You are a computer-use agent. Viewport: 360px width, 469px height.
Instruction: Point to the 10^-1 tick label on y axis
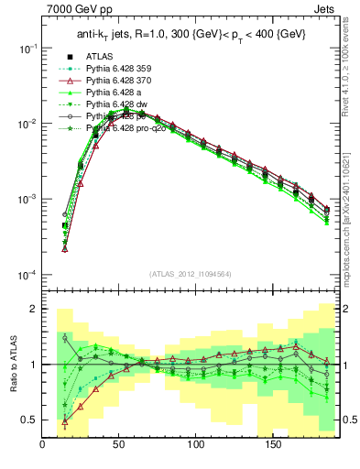click(x=27, y=48)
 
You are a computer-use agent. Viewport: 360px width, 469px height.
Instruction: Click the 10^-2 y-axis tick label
click(x=27, y=124)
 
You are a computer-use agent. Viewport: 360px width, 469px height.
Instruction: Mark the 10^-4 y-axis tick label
click(x=27, y=275)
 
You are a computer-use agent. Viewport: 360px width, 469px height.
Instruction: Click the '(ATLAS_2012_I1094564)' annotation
click(x=191, y=274)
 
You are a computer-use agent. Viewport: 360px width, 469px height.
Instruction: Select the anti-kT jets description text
click(x=190, y=35)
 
